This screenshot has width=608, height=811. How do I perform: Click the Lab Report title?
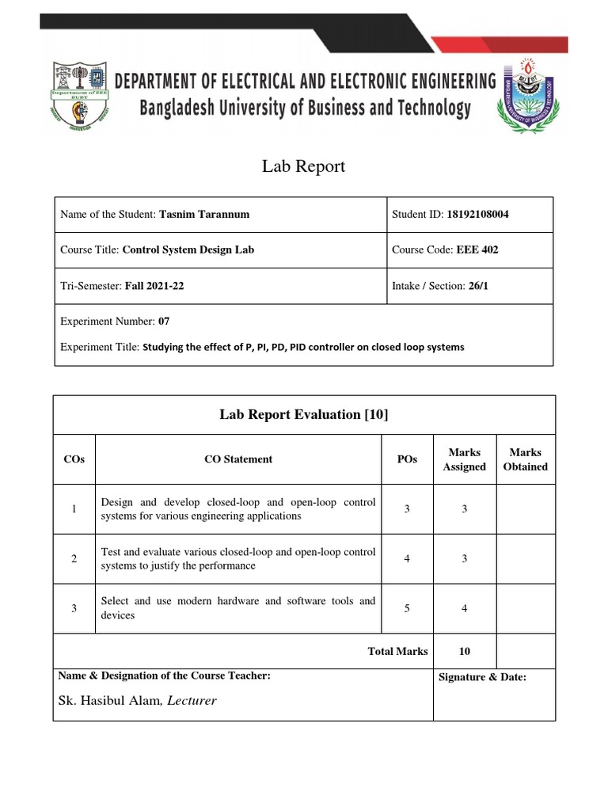click(304, 167)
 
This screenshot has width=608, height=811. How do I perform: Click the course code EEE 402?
click(477, 249)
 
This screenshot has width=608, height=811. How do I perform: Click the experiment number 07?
click(164, 322)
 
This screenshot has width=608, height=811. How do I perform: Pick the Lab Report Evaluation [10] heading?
click(304, 415)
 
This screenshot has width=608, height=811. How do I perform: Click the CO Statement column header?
click(236, 459)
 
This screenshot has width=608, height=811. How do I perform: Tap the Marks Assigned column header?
click(464, 459)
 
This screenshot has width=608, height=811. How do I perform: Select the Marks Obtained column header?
click(526, 459)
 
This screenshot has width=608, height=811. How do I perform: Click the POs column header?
click(407, 459)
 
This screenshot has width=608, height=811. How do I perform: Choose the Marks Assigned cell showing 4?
click(465, 609)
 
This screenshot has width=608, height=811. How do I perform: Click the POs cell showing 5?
click(407, 609)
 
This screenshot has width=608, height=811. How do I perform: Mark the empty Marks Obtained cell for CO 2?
click(526, 559)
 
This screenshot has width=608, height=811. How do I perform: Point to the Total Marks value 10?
click(465, 651)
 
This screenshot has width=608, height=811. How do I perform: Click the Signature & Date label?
click(481, 677)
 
